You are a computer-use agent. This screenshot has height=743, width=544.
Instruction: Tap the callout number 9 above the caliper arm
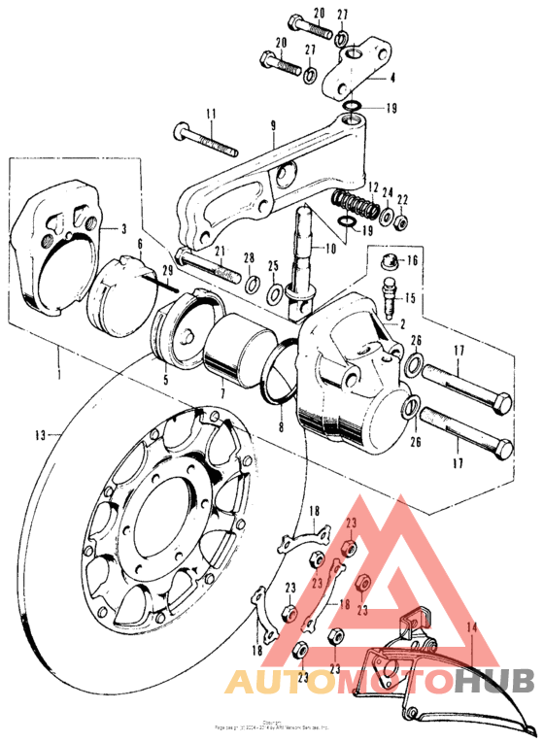click(x=273, y=124)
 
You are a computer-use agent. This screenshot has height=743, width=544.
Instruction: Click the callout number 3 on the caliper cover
click(x=124, y=229)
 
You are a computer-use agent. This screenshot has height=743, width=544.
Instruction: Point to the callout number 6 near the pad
click(x=139, y=247)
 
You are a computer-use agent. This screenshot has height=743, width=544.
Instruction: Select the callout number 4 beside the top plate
click(x=393, y=77)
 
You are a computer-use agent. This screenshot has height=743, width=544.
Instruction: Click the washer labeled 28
click(x=251, y=285)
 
